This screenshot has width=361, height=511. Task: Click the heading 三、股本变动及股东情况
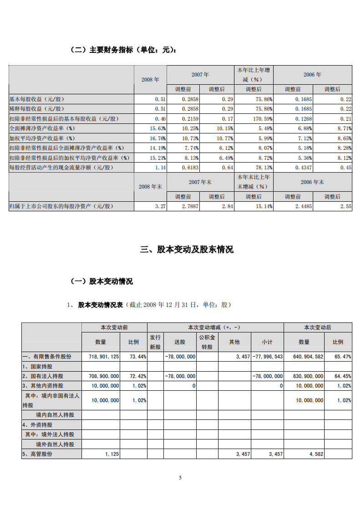pyautogui.click(x=187, y=250)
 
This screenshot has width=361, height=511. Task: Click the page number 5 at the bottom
pyautogui.click(x=180, y=478)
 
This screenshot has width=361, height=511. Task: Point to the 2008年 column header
pyautogui.click(x=150, y=79)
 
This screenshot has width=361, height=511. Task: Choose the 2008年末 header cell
pyautogui.click(x=150, y=186)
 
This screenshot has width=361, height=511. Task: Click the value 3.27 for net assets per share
pyautogui.click(x=159, y=206)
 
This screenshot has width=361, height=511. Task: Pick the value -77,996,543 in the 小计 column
pyautogui.click(x=268, y=357)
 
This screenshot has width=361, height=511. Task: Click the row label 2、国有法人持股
pyautogui.click(x=43, y=376)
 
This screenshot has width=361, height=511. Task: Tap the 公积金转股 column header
pyautogui.click(x=208, y=342)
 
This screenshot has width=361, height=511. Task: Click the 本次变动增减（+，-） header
pyautogui.click(x=215, y=327)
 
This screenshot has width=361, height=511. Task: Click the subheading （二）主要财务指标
pyautogui.click(x=123, y=50)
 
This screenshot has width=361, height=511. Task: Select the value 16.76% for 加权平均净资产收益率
pyautogui.click(x=158, y=138)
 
